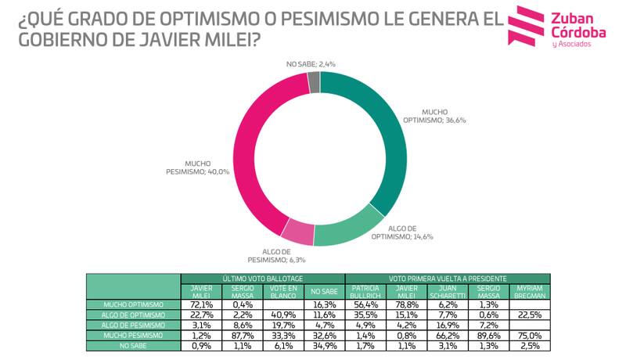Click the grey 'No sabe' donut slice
click(314, 81)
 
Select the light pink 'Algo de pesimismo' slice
click(297, 233)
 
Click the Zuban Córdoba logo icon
click(526, 25)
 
